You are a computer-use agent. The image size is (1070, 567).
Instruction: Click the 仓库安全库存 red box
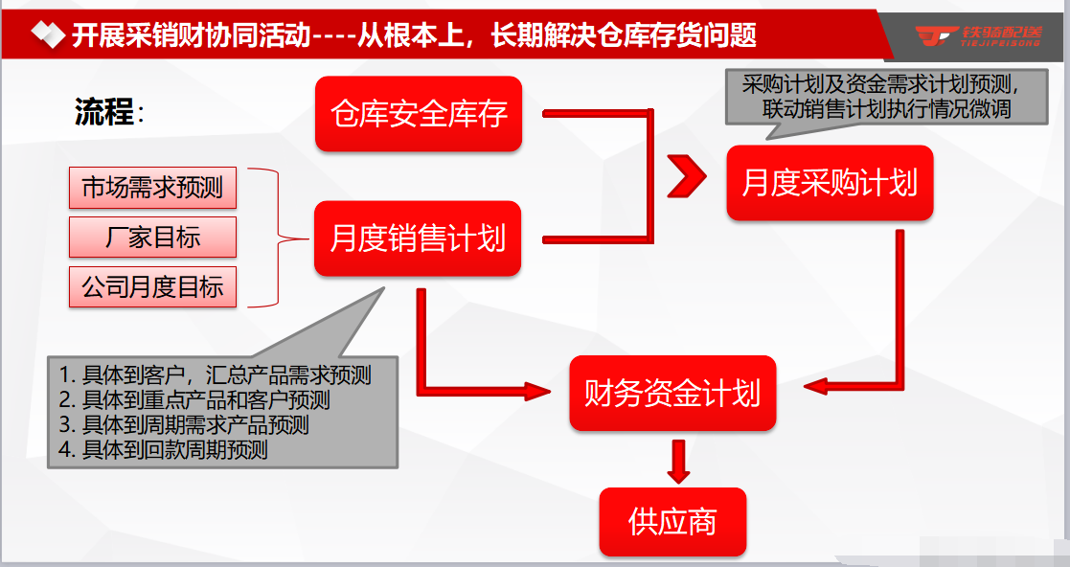coord(419,114)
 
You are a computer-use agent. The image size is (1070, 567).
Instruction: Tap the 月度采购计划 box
coord(830,183)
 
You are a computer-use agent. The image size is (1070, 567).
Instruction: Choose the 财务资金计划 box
coord(672,393)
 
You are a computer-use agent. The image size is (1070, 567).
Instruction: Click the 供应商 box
coord(672,522)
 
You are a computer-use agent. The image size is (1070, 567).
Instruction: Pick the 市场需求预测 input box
coord(152,188)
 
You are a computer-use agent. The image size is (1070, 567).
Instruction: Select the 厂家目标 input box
coord(152,238)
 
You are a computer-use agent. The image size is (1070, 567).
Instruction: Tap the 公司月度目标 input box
coord(152,287)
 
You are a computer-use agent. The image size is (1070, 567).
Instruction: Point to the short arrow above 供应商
coord(679,462)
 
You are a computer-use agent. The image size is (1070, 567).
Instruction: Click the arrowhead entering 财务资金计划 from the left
coord(539,391)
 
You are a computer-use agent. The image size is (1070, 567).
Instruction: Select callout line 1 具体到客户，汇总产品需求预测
coord(215,374)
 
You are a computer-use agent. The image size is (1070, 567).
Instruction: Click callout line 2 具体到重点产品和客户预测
coord(194,399)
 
